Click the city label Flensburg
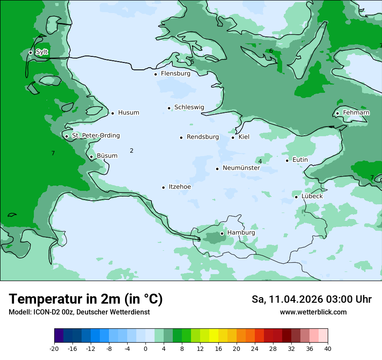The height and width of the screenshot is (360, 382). [175, 74]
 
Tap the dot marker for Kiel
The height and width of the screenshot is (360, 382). [233, 137]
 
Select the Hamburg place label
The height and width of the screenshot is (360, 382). [241, 233]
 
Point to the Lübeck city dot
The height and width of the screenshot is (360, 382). [296, 197]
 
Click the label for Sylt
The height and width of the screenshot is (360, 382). [42, 52]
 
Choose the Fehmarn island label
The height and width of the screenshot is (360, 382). [356, 113]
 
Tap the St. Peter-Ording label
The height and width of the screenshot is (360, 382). [95, 136]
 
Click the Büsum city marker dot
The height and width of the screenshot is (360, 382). [91, 157]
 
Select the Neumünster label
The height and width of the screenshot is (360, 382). [241, 168]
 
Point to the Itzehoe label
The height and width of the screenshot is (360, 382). [179, 187]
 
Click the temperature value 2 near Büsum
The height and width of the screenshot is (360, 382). [132, 151]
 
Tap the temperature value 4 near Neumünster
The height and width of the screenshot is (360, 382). [260, 161]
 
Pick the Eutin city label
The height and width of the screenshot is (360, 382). [300, 160]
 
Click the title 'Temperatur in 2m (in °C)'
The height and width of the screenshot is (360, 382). [86, 299]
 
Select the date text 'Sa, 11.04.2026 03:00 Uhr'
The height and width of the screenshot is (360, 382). [311, 299]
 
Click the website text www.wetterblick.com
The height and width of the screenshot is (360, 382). [313, 312]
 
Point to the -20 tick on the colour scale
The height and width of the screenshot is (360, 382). [54, 349]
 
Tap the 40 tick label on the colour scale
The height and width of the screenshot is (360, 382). [327, 349]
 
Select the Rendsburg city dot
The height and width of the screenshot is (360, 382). [181, 137]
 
